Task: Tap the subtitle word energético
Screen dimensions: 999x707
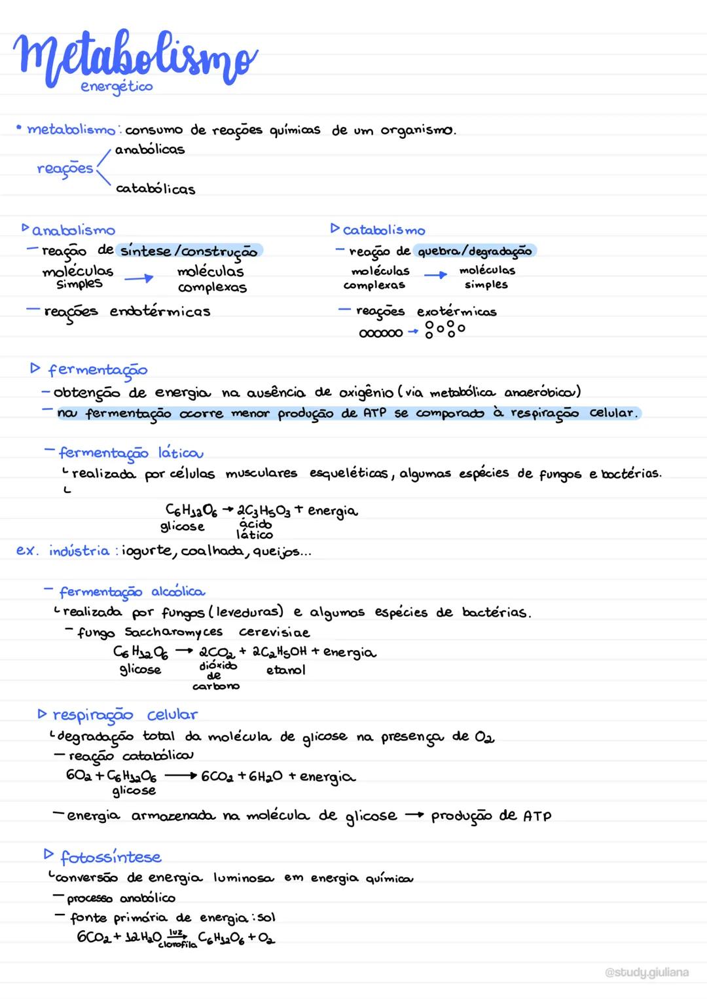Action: (117, 86)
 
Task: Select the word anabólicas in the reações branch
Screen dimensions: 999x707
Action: (150, 149)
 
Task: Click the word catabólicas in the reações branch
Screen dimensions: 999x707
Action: (155, 189)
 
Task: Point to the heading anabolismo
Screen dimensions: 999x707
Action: (73, 230)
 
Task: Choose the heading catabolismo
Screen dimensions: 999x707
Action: (384, 230)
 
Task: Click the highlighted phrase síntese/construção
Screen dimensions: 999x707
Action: (189, 251)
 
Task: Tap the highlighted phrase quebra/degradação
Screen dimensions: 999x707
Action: (475, 251)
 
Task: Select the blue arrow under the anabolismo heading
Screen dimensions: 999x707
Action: (138, 279)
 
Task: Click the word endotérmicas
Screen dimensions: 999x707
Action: (160, 312)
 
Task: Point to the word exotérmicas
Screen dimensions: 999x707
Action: (456, 312)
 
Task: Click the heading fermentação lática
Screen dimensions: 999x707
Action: (131, 453)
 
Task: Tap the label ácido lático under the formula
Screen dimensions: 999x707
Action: (255, 530)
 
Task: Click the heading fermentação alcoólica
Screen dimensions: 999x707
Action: (132, 592)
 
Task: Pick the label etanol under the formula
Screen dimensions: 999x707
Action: (285, 670)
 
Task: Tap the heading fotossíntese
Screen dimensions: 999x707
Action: (111, 857)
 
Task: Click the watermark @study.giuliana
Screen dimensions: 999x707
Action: (647, 973)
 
